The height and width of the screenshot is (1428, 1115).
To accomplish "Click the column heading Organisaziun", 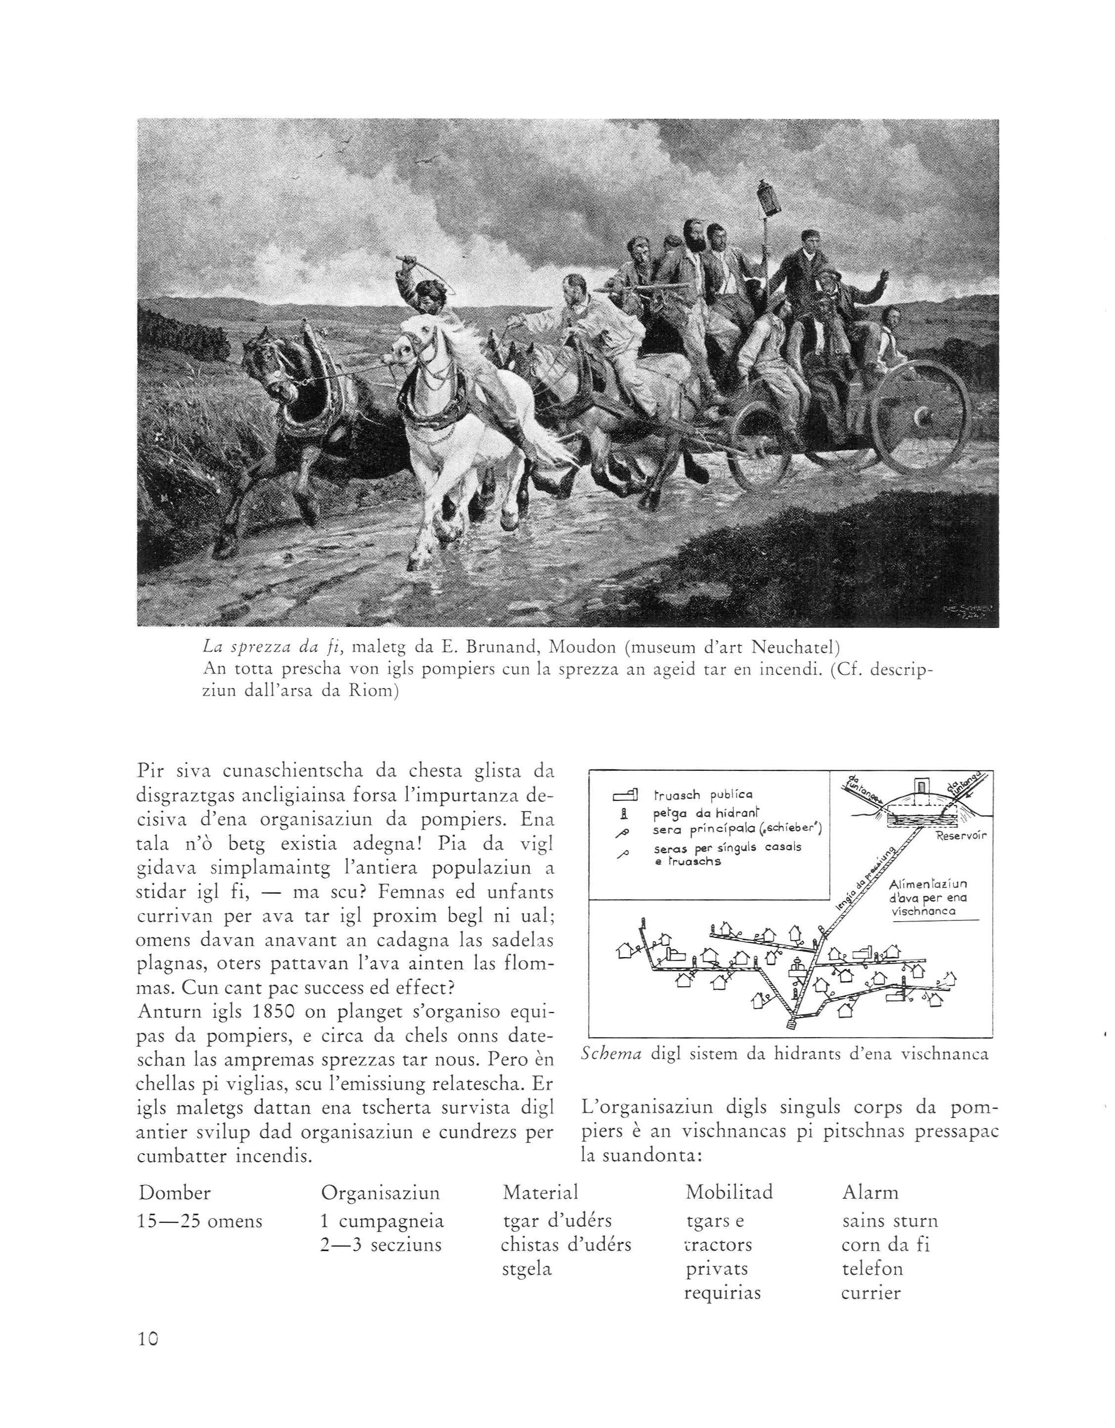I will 380,1193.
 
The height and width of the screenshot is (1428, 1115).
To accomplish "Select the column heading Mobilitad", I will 729,1193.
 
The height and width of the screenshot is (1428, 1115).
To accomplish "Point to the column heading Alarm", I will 871,1193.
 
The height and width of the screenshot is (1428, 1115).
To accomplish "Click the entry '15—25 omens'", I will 200,1221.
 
